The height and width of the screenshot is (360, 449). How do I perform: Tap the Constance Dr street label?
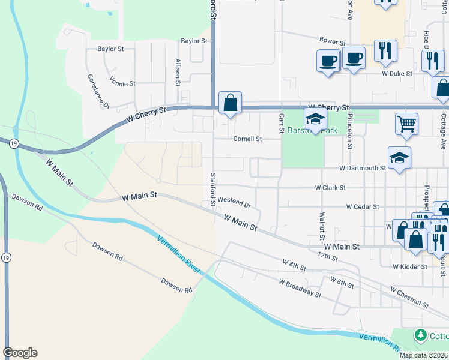tap(98, 91)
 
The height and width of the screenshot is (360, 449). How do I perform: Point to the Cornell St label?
tap(247, 139)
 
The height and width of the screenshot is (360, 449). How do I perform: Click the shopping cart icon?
tap(406, 124)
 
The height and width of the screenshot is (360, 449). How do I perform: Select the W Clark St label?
tap(330, 187)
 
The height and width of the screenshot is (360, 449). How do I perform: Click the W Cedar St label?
tap(362, 206)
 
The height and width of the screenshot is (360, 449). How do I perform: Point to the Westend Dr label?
tap(234, 202)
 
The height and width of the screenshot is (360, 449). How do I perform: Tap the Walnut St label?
tap(322, 223)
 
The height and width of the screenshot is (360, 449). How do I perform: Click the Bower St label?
tap(332, 41)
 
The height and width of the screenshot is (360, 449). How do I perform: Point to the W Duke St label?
tap(397, 73)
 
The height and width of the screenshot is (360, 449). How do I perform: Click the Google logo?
tap(20, 353)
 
